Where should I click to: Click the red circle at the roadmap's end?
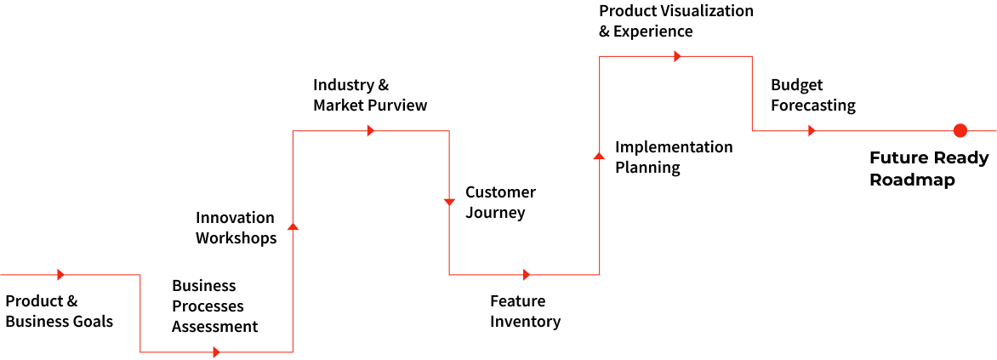tap(960, 130)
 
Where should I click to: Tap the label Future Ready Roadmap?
tap(920, 169)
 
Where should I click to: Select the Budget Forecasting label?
tap(813, 94)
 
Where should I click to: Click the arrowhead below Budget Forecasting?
tap(812, 130)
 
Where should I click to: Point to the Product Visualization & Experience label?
tap(676, 21)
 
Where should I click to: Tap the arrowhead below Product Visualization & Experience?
tap(678, 57)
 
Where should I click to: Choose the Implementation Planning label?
tap(674, 157)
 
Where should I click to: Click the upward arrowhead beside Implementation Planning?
tap(598, 155)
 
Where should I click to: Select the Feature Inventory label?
tap(525, 311)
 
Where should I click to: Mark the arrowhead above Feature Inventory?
tap(526, 275)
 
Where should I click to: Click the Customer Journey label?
tap(500, 203)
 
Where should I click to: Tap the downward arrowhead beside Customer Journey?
tap(449, 203)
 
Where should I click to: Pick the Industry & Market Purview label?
tap(370, 94)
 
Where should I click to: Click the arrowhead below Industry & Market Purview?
tap(371, 130)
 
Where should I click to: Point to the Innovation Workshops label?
tap(236, 228)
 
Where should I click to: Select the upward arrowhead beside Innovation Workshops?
tap(293, 226)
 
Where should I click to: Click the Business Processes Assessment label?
tap(215, 306)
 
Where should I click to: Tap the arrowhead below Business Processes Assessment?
tap(217, 351)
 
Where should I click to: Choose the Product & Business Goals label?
tap(60, 311)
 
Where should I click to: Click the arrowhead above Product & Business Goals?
tap(61, 275)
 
